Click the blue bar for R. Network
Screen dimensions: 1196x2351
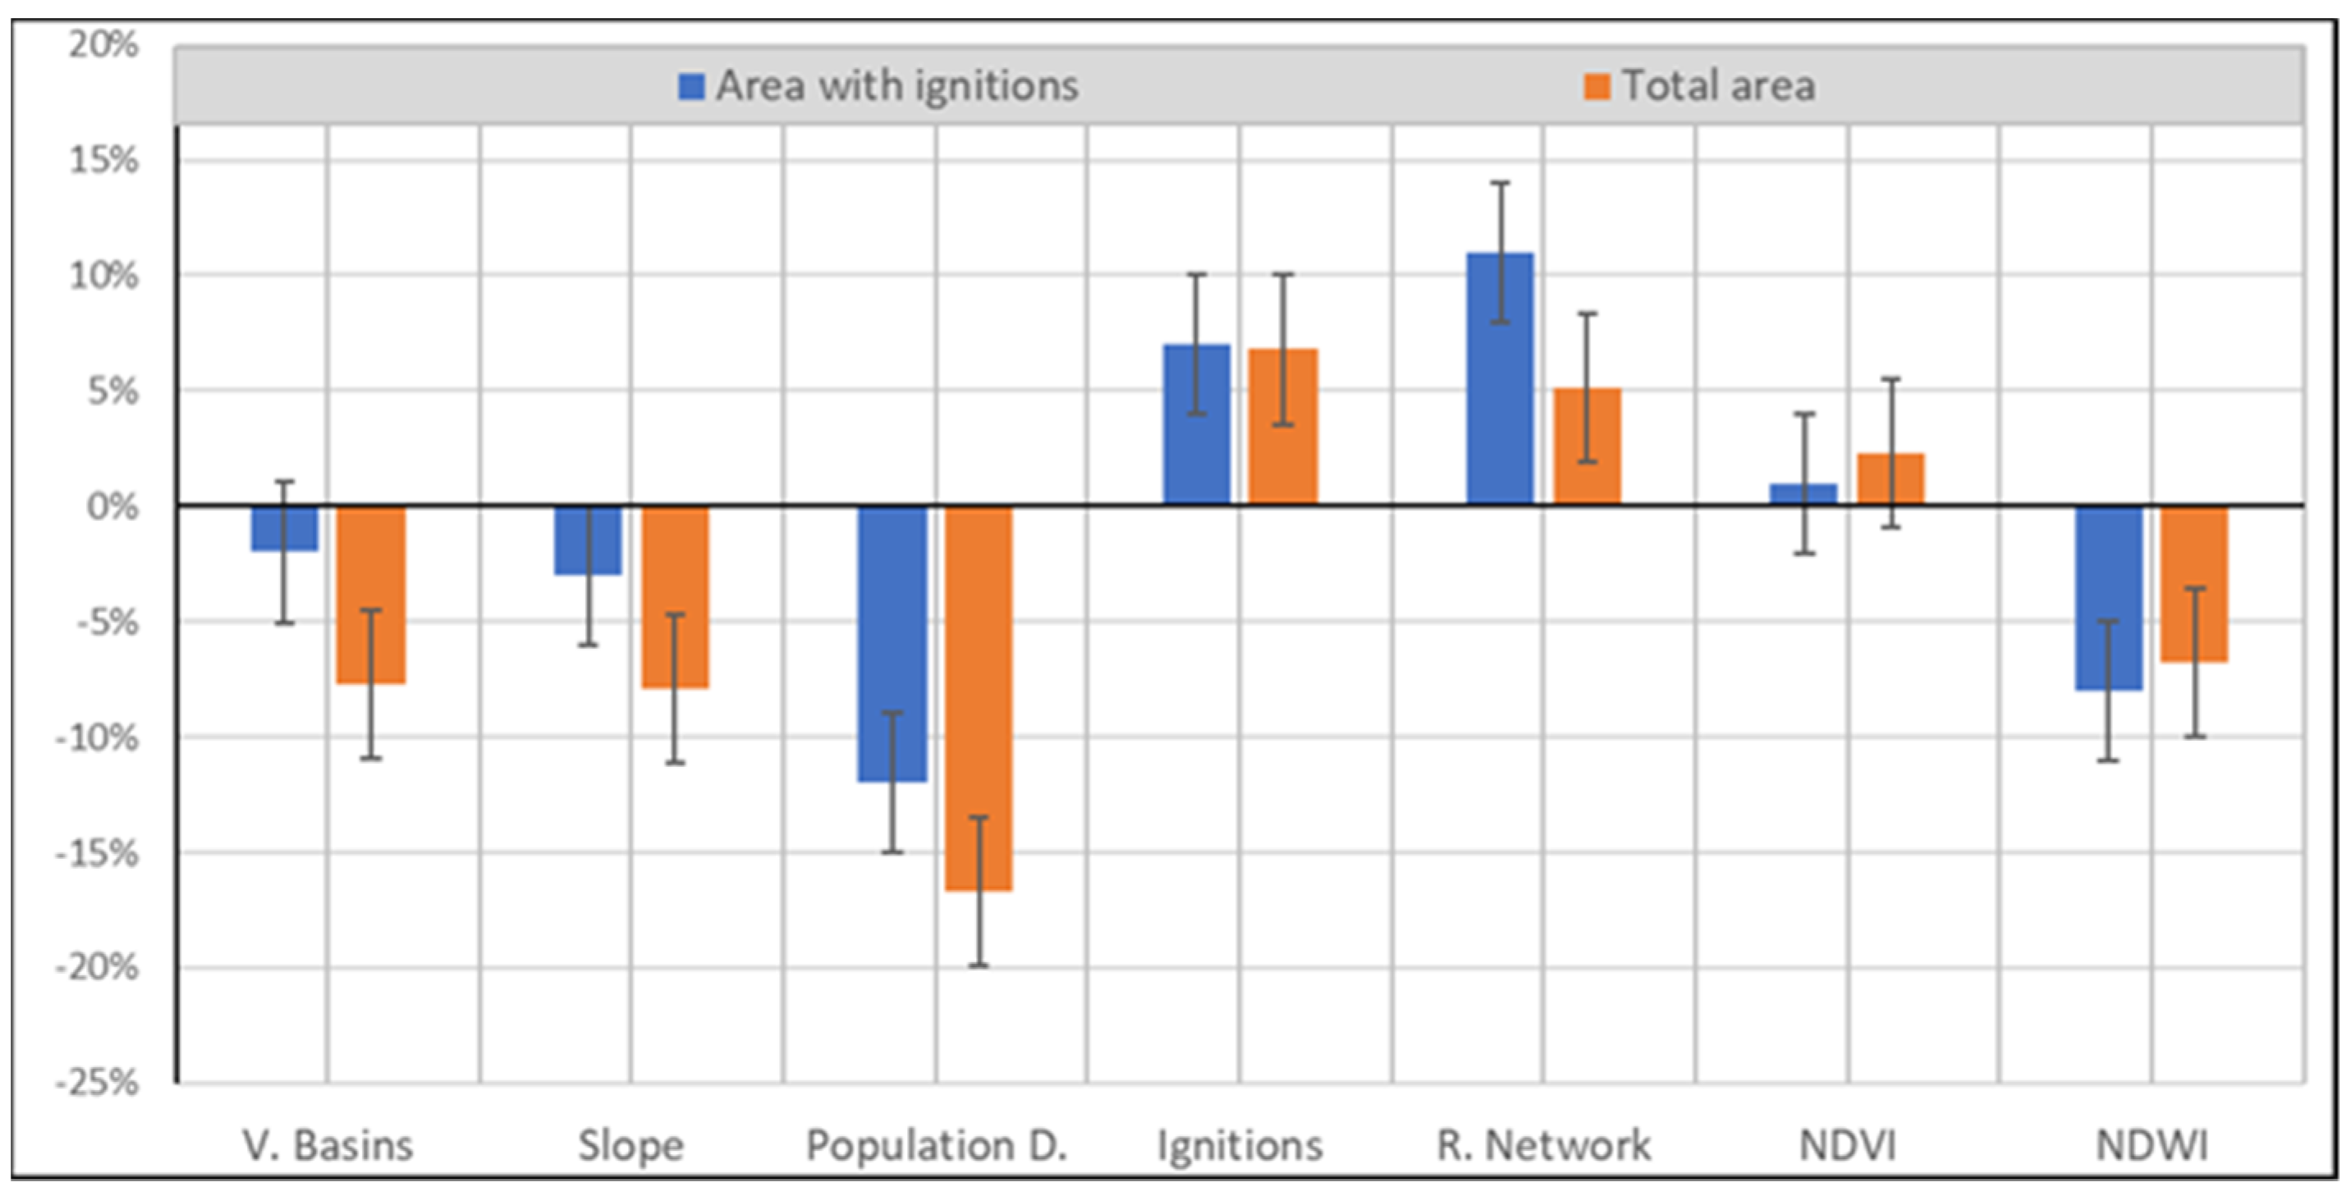1500,379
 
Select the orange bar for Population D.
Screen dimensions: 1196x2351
978,698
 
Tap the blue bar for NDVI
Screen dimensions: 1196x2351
1803,494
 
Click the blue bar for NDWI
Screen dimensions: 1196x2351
2108,597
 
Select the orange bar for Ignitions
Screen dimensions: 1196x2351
1283,426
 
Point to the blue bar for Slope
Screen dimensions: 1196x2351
589,540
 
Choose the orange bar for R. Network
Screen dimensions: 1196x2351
1587,446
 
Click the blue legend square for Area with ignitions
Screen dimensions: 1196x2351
692,87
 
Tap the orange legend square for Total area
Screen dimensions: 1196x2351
1597,87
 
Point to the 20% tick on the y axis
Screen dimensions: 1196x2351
103,43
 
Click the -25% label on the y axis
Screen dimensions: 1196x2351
98,1083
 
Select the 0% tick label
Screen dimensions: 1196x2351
113,505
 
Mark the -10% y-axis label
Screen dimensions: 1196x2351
98,737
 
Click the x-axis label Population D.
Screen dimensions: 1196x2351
937,1146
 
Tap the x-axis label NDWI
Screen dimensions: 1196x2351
2152,1146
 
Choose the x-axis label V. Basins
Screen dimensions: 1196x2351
328,1146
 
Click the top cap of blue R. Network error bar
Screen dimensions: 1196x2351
1500,184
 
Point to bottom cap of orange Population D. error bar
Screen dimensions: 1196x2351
978,965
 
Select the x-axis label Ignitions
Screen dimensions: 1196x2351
1240,1146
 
